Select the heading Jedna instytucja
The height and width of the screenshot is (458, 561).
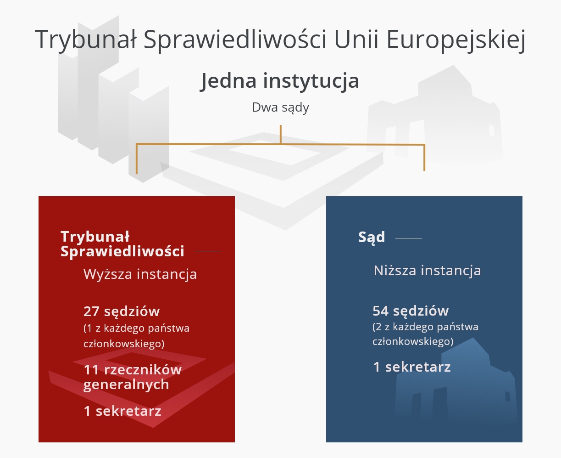coord(280,81)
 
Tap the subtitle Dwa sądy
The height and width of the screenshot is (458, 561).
coord(280,107)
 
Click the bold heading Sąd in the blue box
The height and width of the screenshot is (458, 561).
coord(372,237)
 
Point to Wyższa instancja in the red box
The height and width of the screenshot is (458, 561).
coord(140,274)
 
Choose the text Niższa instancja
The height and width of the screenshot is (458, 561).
coord(427,270)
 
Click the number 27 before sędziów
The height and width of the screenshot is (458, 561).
coord(91,311)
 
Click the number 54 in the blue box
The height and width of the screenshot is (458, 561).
coord(381,311)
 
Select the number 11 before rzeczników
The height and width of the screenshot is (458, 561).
coord(91,370)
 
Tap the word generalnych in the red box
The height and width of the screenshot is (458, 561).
coord(126,384)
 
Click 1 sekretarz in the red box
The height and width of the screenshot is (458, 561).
coord(122,411)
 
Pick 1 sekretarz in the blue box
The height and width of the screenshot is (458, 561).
coord(412,367)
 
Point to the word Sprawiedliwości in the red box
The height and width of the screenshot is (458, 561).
coord(122,252)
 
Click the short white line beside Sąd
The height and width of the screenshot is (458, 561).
coord(408,238)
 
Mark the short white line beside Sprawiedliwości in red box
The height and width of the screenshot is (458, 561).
coord(207,251)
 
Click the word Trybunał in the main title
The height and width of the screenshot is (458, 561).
coord(86,39)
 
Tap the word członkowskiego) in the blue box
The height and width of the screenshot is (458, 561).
coord(413,341)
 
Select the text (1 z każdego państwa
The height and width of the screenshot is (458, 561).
coord(136,328)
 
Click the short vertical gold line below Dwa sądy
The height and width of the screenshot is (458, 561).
coord(281,134)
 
